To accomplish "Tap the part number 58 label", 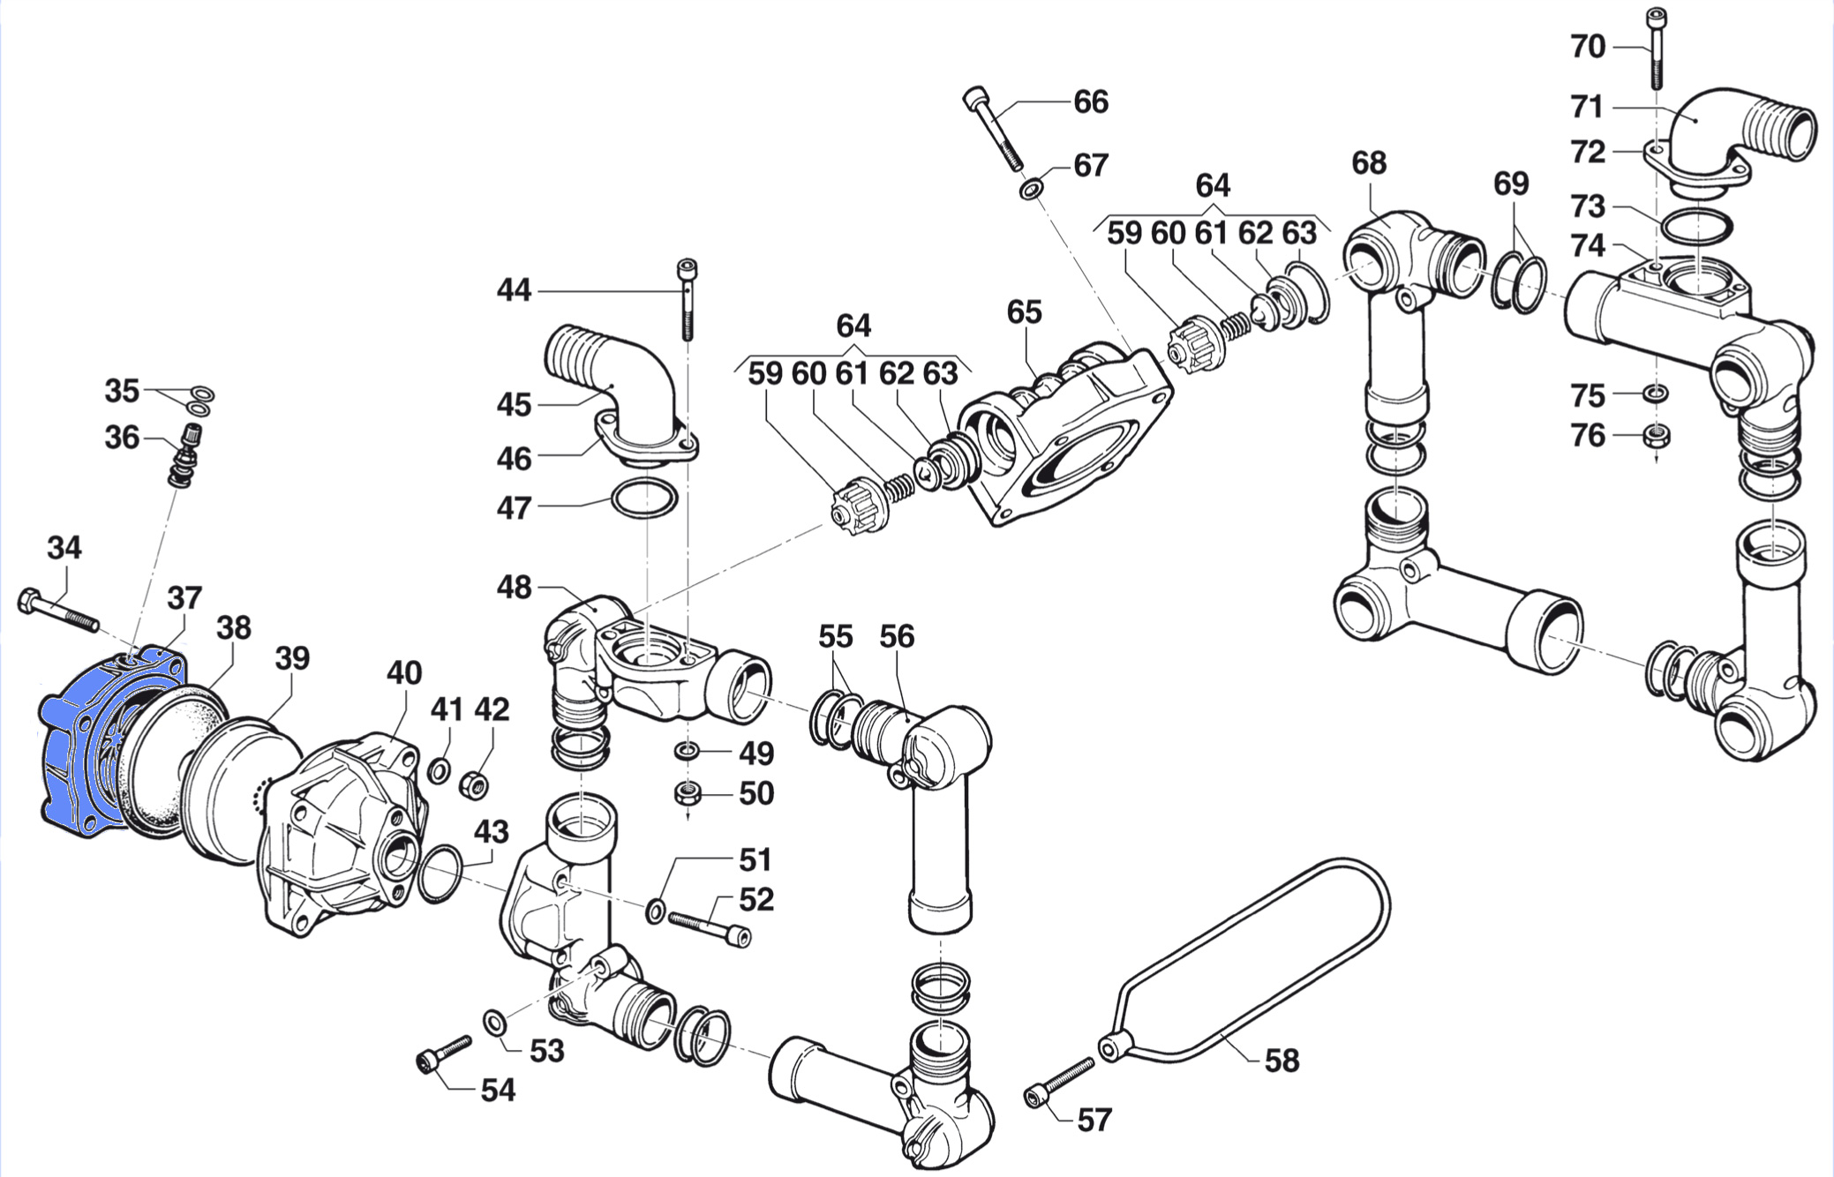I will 1282,1060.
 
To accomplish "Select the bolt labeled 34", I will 56,611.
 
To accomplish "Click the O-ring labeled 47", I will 644,499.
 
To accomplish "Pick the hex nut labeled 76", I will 1656,436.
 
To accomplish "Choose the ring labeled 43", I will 439,874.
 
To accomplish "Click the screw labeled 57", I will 1059,1083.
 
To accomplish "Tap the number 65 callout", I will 1024,311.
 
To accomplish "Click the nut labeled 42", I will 475,783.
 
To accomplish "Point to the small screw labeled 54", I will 443,1053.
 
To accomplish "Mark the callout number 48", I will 514,587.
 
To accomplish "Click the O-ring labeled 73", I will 1695,227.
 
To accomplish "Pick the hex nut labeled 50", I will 688,793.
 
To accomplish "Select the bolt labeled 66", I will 994,130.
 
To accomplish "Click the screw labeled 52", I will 710,927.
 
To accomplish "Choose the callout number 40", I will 404,673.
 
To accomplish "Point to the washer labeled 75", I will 1656,393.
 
